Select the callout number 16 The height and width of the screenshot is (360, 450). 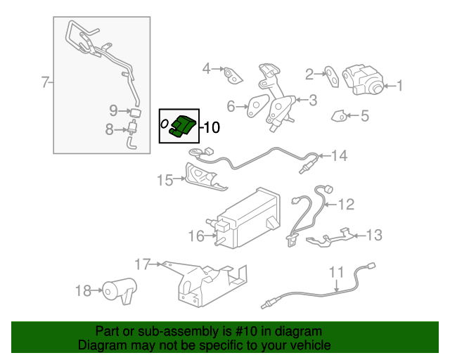tap(195, 236)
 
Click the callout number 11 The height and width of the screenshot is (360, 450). tap(336, 271)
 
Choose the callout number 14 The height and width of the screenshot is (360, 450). tap(340, 155)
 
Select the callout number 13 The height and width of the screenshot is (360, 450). tap(374, 235)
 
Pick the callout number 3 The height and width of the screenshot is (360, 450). tap(312, 100)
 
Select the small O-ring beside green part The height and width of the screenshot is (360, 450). tap(165, 124)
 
